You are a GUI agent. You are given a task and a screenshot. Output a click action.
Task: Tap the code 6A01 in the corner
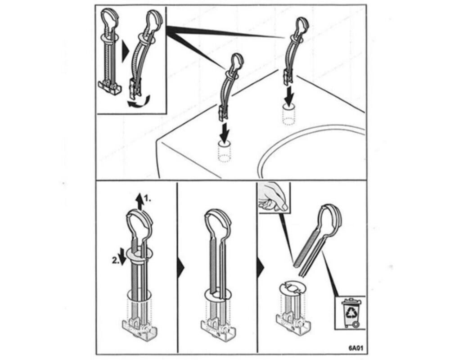coord(356,348)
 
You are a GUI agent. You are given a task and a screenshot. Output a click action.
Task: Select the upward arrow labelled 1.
coord(140,202)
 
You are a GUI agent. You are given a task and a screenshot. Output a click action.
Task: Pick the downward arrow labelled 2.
coord(122,257)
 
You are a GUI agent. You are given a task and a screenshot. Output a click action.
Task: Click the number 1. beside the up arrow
coord(148,198)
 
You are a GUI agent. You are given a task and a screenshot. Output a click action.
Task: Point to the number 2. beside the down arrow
coord(115,261)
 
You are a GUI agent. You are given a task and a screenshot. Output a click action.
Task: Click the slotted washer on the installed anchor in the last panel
coord(292,288)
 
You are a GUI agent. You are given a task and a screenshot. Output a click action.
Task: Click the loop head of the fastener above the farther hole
coord(302,27)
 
